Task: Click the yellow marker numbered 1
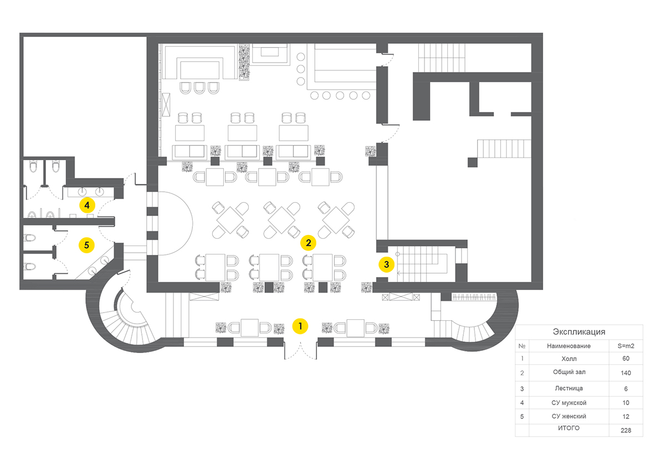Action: (x=300, y=326)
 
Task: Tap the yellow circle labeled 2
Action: (x=309, y=242)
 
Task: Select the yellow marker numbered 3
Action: (x=387, y=264)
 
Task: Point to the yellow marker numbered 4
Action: (x=86, y=205)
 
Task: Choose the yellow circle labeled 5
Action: (x=86, y=244)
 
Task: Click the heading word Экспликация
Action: (x=579, y=332)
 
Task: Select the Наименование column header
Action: (x=569, y=346)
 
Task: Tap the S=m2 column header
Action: (x=626, y=346)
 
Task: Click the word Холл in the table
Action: (x=569, y=359)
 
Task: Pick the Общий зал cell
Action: (x=569, y=372)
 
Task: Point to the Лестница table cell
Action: (x=569, y=389)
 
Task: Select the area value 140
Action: (x=626, y=373)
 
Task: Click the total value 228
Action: (x=626, y=430)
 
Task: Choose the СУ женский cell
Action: (x=569, y=416)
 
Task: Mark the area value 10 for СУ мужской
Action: (x=626, y=402)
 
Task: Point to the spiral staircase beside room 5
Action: (x=127, y=316)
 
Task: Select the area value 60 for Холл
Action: (x=626, y=359)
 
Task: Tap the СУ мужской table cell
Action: (x=569, y=402)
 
